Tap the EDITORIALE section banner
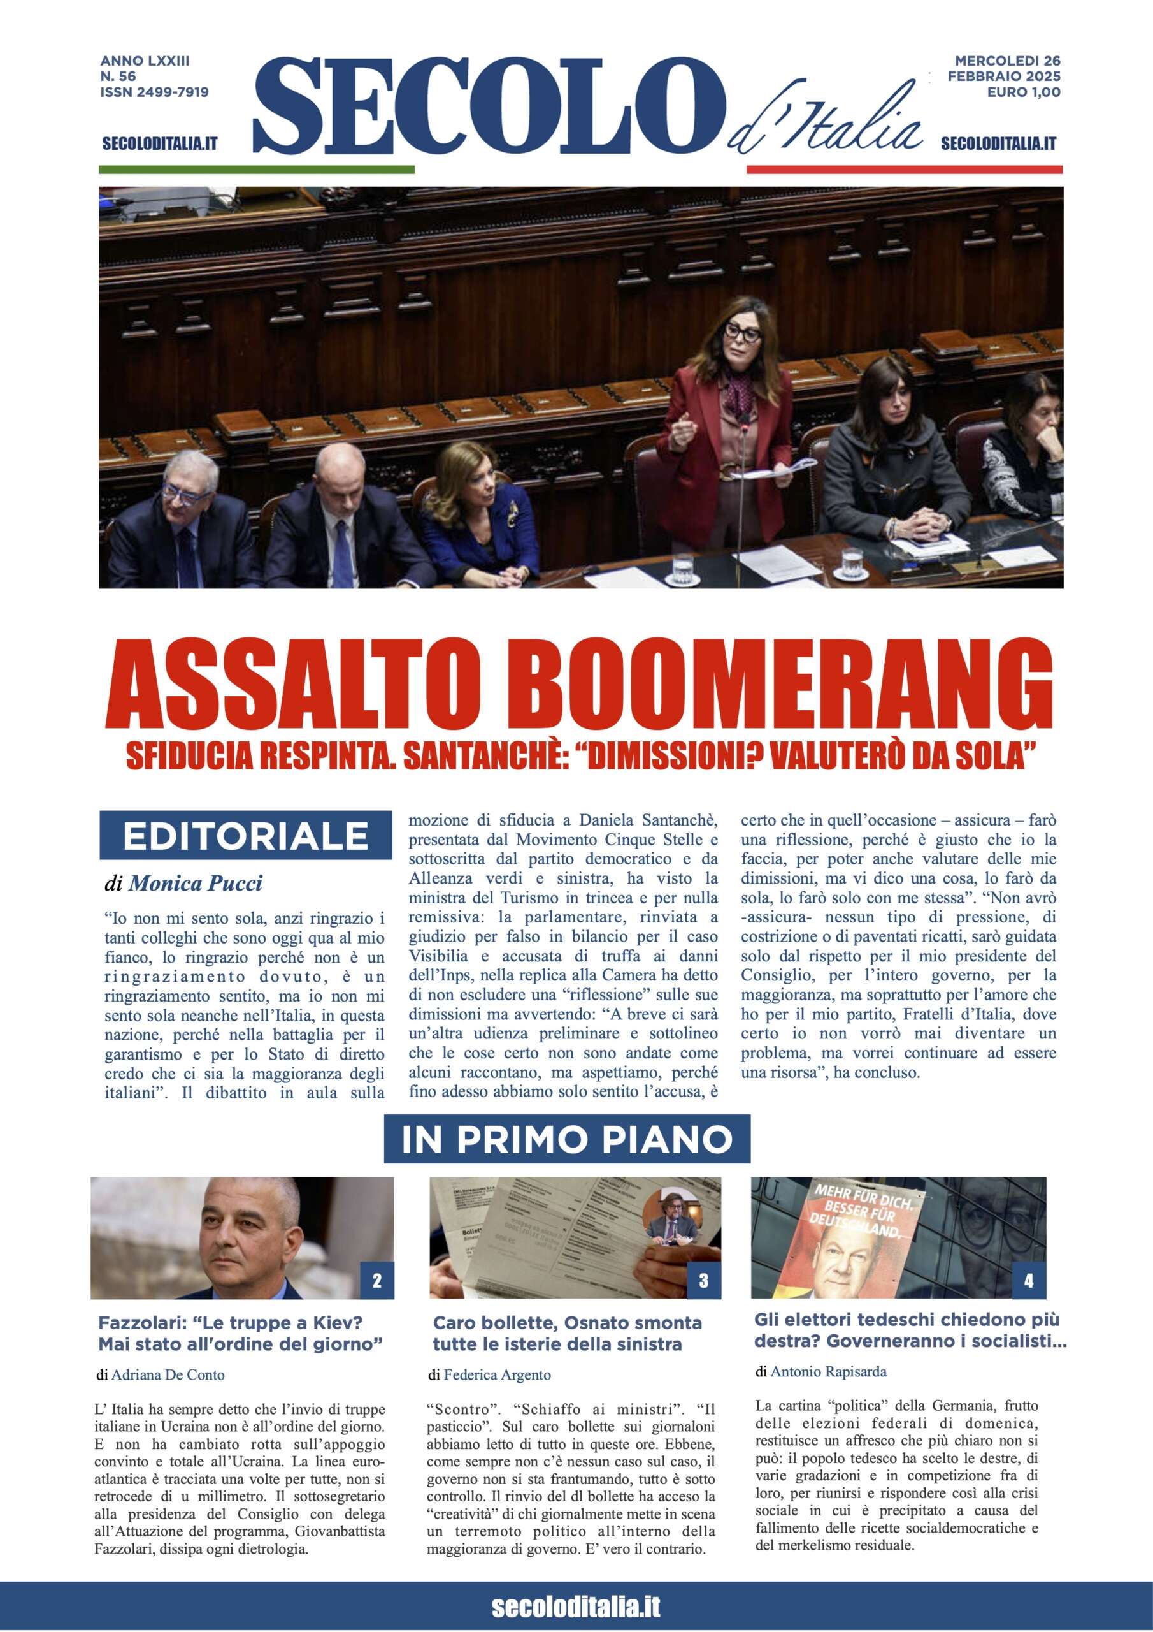[x=245, y=836]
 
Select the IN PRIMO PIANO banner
[x=566, y=1139]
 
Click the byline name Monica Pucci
[x=196, y=884]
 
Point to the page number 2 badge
[x=376, y=1281]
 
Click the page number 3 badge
[x=703, y=1281]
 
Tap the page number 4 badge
[x=1029, y=1281]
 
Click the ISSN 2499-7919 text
[x=154, y=92]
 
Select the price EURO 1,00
[x=1024, y=92]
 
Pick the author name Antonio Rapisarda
[x=828, y=1371]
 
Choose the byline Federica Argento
[x=498, y=1374]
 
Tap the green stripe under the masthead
[x=257, y=169]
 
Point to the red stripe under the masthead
[x=905, y=169]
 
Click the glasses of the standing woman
[x=740, y=330]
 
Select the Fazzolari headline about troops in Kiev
[x=241, y=1334]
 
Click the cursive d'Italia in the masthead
[x=824, y=121]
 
